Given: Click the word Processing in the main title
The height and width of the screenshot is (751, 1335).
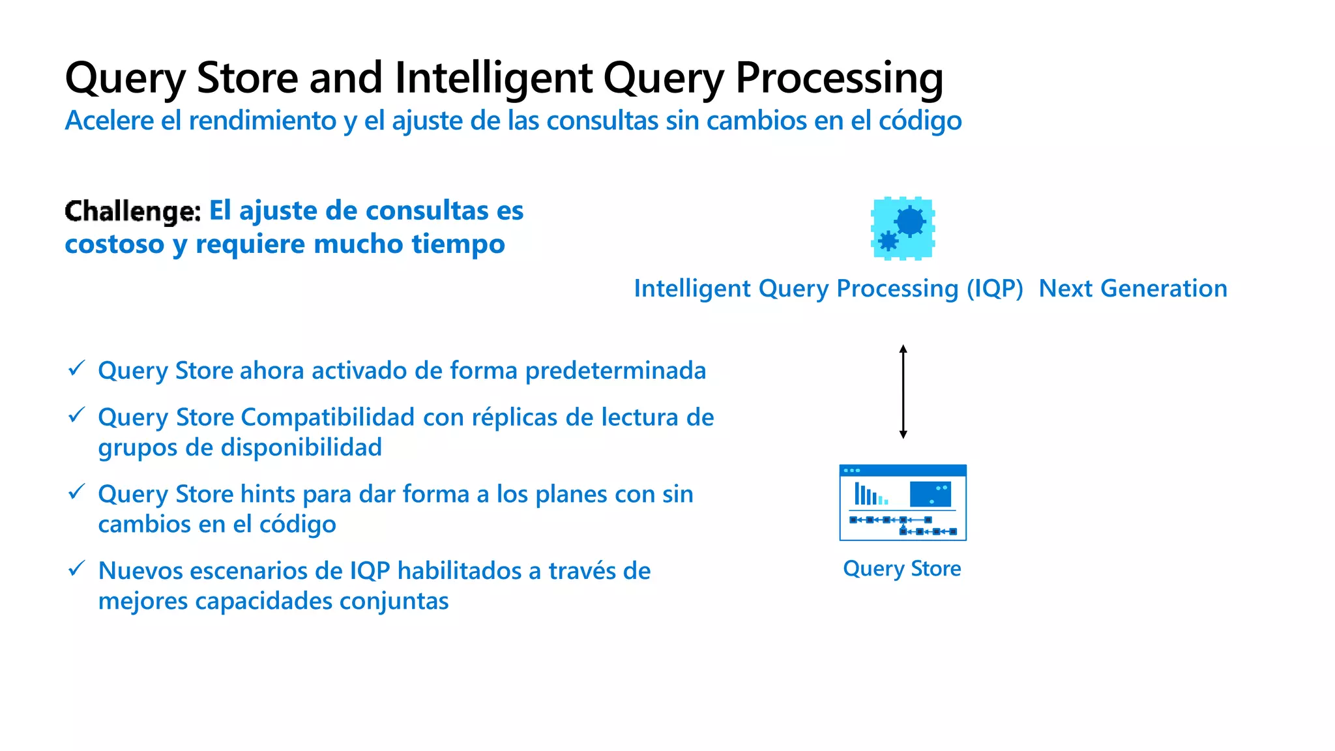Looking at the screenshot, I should pos(839,78).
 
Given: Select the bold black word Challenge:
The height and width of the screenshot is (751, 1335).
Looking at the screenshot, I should pos(133,211).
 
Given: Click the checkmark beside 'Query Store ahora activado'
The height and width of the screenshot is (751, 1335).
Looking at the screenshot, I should pos(77,368).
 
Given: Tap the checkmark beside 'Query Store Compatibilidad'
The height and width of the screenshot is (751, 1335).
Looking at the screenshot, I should pos(77,415).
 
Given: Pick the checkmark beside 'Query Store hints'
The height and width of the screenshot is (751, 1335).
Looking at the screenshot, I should pos(77,492).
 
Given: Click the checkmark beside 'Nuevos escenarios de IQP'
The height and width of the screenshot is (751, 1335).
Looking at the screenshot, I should pos(77,568).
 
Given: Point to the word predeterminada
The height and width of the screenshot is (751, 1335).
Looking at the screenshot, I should pos(615,371).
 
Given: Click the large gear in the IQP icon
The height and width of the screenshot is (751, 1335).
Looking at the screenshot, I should pos(910,222).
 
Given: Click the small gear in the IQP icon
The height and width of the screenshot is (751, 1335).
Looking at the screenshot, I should pos(888,241).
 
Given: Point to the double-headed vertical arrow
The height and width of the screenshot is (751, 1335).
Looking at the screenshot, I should pos(903,391).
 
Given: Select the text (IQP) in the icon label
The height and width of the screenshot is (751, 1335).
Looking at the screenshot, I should pos(995,289).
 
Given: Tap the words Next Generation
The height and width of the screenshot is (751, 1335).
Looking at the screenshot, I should pos(1132,289).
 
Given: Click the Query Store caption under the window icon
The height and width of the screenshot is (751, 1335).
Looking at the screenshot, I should pos(902,568).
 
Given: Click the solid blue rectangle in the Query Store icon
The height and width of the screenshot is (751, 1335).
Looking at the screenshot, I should pos(930,494).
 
